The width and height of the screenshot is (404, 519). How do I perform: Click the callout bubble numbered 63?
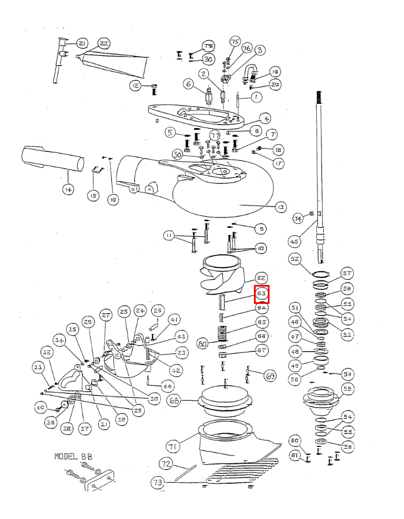pyautogui.click(x=262, y=294)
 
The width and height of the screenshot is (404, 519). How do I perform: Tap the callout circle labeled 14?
pyautogui.click(x=68, y=190)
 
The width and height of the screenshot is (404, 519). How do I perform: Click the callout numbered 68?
pyautogui.click(x=174, y=400)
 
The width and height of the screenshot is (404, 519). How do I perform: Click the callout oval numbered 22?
pyautogui.click(x=104, y=44)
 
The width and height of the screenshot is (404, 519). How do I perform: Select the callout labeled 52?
pyautogui.click(x=295, y=259)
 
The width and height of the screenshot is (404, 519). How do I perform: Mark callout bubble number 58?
pyautogui.click(x=347, y=389)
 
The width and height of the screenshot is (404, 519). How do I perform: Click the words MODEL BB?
pyautogui.click(x=73, y=456)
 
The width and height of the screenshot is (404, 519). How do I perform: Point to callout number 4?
pyautogui.click(x=265, y=119)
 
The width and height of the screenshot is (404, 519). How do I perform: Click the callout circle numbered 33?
pyautogui.click(x=38, y=367)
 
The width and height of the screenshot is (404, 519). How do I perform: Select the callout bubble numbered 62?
pyautogui.click(x=261, y=278)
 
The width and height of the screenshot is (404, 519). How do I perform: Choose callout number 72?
pyautogui.click(x=166, y=464)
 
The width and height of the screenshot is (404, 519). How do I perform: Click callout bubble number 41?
pyautogui.click(x=174, y=320)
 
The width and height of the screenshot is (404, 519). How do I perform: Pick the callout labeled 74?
pyautogui.click(x=298, y=219)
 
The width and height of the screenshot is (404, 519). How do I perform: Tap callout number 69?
pyautogui.click(x=270, y=377)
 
